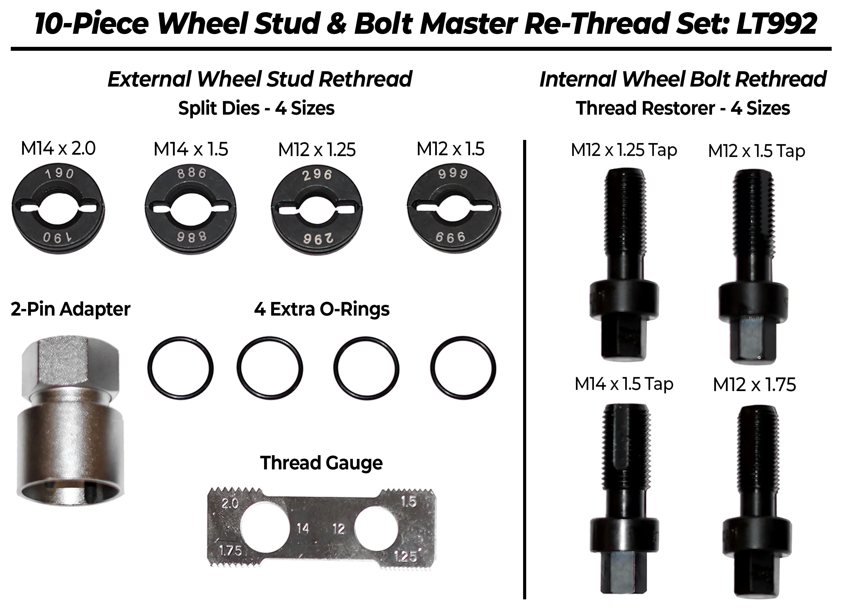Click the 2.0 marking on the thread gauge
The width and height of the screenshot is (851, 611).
(x=230, y=503)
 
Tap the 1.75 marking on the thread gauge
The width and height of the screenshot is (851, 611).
(x=230, y=551)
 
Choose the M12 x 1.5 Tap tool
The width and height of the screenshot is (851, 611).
(x=753, y=266)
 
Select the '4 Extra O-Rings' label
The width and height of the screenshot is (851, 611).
(x=322, y=309)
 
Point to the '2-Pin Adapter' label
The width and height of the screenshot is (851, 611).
(x=71, y=309)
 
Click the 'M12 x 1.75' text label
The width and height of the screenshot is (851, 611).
(x=754, y=385)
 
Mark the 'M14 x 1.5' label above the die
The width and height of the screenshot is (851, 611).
(x=191, y=149)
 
